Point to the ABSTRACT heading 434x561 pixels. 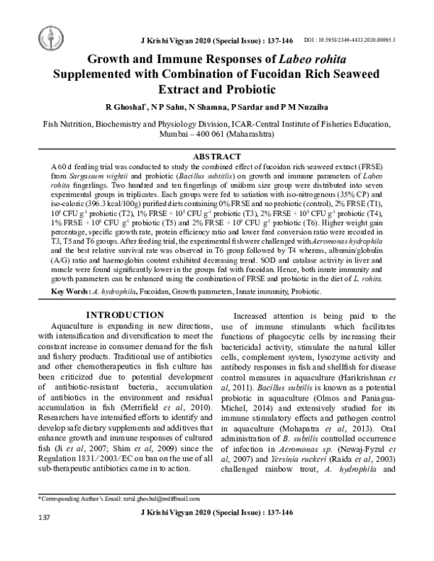click(218, 156)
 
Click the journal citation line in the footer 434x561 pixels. click(218, 552)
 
